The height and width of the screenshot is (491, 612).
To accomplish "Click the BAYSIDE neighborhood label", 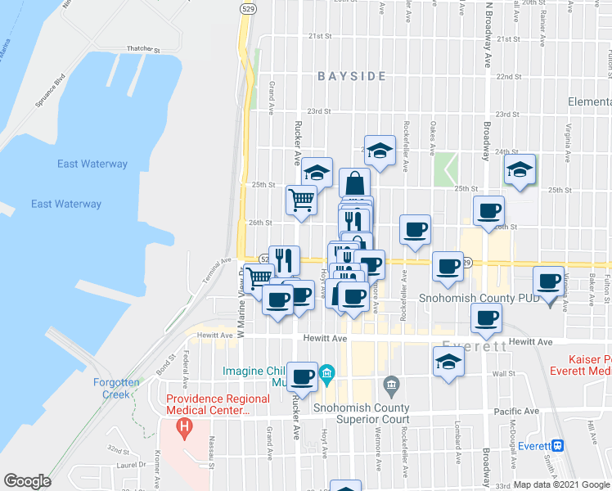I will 352,76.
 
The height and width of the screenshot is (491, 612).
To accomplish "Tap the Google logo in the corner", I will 28,481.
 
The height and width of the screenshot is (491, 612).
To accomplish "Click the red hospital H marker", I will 186,426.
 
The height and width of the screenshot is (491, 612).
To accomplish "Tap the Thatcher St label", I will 141,49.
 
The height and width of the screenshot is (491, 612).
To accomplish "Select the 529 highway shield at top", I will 245,7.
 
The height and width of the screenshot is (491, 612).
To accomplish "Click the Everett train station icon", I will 558,446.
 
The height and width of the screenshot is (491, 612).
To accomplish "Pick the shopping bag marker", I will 354,181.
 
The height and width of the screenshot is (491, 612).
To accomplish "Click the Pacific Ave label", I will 517,411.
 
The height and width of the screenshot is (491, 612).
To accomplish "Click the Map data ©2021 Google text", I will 562,484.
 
